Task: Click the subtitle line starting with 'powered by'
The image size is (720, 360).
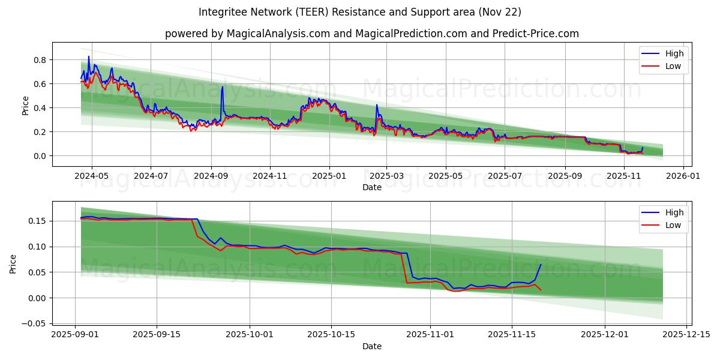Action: click(372, 34)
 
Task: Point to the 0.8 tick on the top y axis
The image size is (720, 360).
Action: click(40, 60)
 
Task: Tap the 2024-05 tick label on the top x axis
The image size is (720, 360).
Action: click(91, 176)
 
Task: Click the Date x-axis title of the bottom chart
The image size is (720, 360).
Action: click(372, 346)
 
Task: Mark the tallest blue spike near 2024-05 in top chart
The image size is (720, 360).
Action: click(89, 57)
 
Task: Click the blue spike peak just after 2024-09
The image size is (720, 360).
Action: click(223, 87)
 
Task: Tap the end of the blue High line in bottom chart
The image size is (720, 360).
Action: click(541, 265)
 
